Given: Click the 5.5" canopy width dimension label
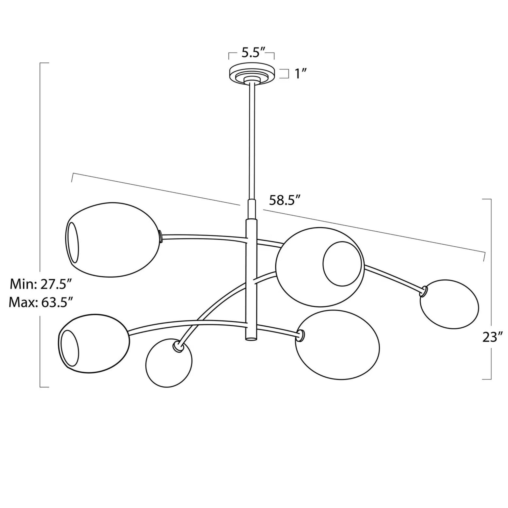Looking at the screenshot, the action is pos(251,53).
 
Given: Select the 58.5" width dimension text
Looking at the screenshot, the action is pos(285,201).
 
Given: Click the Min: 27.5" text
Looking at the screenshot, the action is pos(41,284).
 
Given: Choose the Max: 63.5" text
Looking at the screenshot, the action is pos(40,303).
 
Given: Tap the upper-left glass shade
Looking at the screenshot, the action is pos(113,240).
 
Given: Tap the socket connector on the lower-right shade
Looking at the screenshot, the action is pos(300,336).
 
